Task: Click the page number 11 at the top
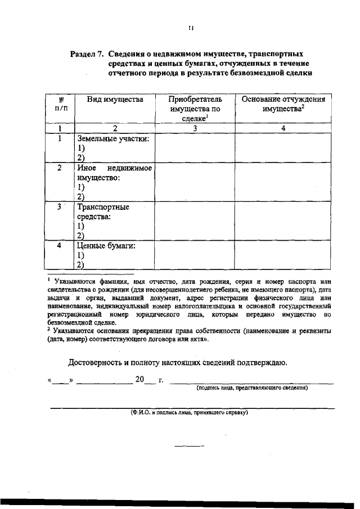pos(191,27)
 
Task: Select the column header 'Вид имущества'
pos(115,99)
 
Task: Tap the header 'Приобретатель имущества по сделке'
pos(195,109)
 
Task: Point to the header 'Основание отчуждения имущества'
pos(283,104)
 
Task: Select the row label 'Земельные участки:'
pos(113,138)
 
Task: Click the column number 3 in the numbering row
pos(195,128)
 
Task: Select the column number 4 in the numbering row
pos(283,128)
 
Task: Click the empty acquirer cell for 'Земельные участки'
pos(195,148)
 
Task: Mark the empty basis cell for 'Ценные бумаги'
pos(283,255)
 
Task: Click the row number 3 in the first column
pos(59,207)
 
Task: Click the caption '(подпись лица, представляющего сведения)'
pos(251,388)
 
